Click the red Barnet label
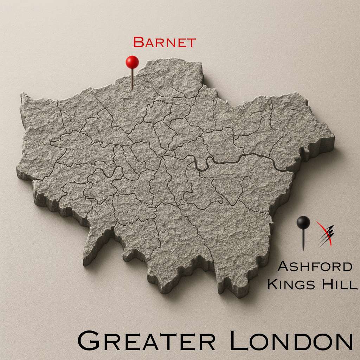pos(164,43)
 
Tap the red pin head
pos(132,62)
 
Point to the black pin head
pos(303,222)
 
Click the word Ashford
pos(315,267)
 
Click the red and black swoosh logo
pos(325,233)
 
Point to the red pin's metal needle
pos(132,79)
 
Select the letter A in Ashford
pos(283,267)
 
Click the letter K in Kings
pos(272,284)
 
